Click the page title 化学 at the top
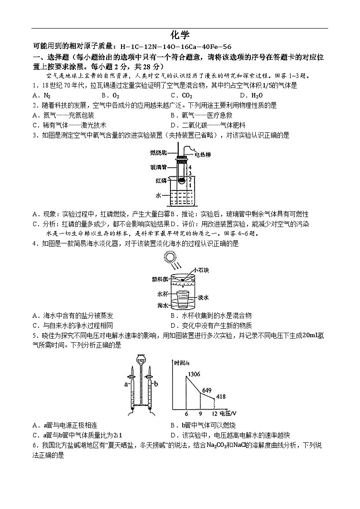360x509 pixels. click(x=180, y=35)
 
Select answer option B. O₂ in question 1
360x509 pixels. click(x=110, y=96)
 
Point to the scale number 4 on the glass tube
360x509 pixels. click(x=192, y=168)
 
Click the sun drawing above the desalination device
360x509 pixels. click(x=171, y=258)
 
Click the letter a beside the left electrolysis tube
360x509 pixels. click(x=126, y=383)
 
